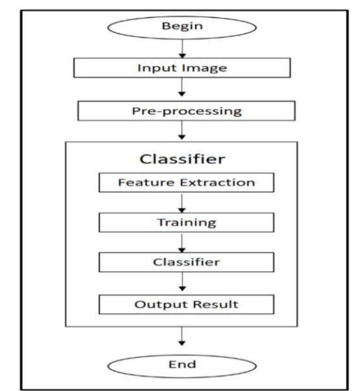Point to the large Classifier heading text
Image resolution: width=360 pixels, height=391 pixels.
point(183,159)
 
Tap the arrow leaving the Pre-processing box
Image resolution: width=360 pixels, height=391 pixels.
point(181,131)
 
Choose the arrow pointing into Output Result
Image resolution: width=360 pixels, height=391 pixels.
point(182,283)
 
